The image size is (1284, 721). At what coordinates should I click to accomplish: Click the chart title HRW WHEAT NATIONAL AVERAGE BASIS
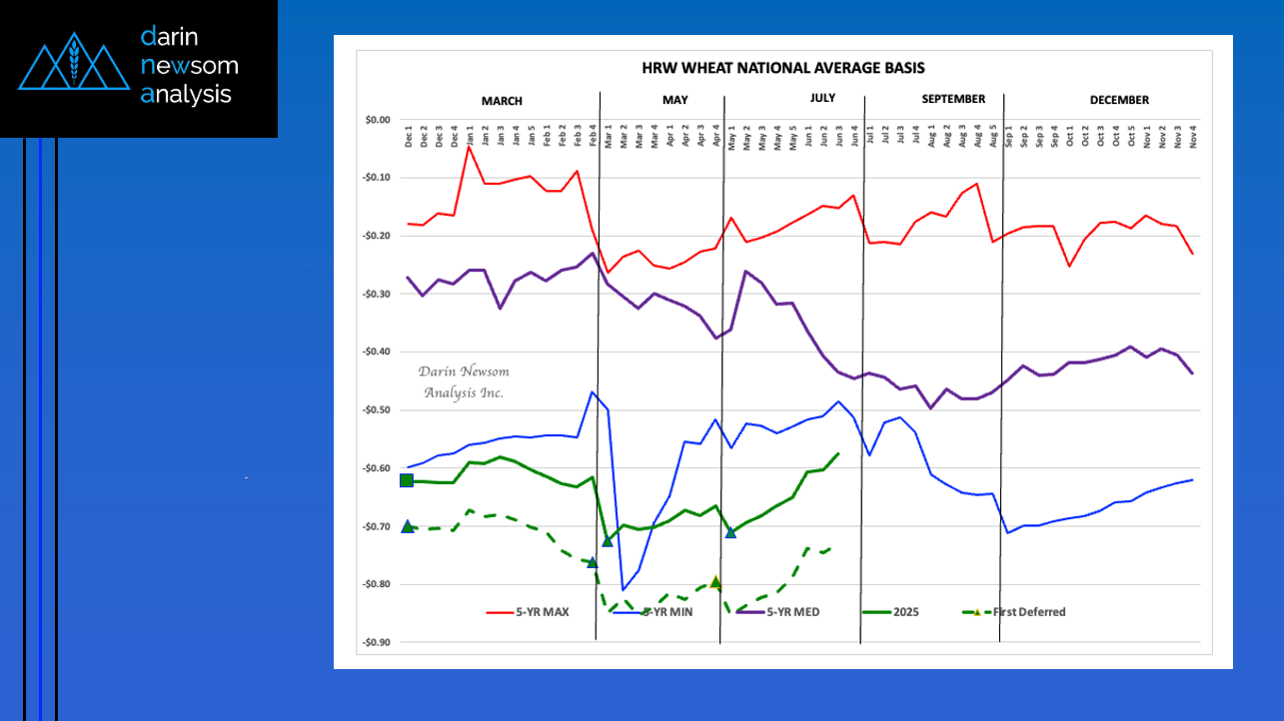tap(782, 68)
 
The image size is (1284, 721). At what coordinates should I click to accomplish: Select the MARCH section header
tap(502, 101)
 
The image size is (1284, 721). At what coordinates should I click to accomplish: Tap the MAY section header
tap(675, 100)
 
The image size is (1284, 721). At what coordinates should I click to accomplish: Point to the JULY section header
tap(822, 98)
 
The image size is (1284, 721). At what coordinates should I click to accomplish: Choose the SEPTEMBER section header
tap(953, 99)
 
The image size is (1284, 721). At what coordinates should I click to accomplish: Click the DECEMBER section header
tap(1119, 100)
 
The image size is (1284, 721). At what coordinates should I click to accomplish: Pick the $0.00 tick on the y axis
tap(377, 120)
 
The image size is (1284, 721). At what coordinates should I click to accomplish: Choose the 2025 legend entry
tap(907, 612)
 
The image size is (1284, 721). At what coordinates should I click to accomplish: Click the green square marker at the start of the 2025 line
tap(407, 481)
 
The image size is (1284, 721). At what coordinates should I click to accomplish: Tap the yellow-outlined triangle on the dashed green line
tap(715, 582)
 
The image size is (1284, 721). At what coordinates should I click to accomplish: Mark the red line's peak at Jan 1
tap(469, 147)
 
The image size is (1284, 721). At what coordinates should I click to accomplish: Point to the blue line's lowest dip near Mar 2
tap(623, 589)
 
